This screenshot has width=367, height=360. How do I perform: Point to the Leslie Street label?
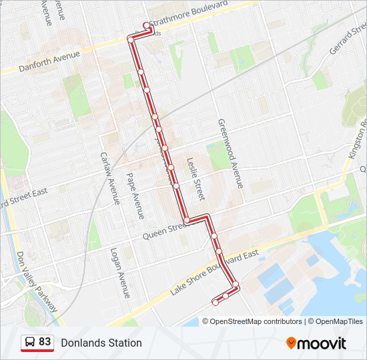point(194,179)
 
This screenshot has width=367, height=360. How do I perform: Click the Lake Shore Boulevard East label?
point(214,272)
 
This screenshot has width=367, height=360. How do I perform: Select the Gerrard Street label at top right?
point(347,42)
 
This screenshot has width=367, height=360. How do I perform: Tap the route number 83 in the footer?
point(45,342)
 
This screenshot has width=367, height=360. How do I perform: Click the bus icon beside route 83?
point(30,343)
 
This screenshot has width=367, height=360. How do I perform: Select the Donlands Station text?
point(101,343)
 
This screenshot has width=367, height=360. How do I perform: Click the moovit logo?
point(316,343)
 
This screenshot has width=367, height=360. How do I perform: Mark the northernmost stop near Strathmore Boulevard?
point(147,26)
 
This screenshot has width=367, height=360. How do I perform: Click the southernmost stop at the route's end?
point(215,302)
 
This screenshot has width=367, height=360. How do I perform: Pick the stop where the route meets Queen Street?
point(187,220)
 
